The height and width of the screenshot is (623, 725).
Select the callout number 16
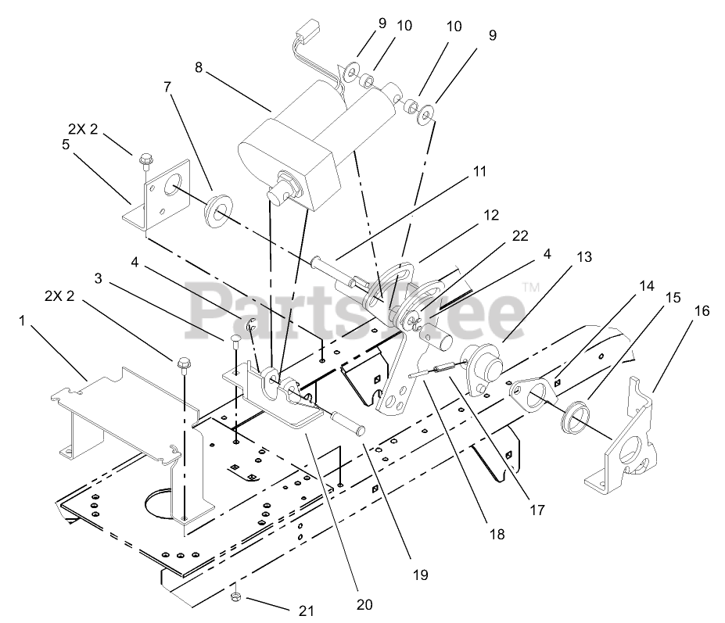(702, 310)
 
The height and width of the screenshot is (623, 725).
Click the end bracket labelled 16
(626, 446)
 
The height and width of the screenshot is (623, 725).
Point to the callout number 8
(199, 68)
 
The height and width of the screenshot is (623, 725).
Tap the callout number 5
(66, 144)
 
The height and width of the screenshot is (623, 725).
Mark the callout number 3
(99, 277)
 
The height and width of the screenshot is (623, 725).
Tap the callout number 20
(363, 604)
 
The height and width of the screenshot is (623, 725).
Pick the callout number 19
(421, 575)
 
